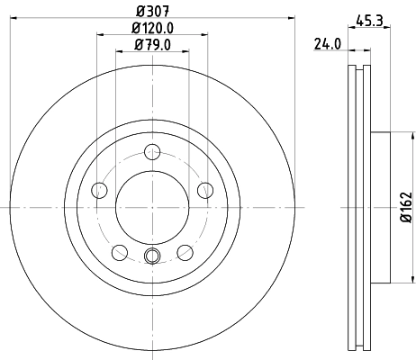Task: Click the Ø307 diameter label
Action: click(151, 12)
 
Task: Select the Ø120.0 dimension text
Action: click(151, 28)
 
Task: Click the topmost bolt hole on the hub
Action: click(152, 152)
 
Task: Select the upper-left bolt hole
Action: click(99, 190)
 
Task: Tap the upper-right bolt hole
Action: click(205, 190)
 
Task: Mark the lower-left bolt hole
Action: click(120, 252)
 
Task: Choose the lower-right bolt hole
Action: click(185, 252)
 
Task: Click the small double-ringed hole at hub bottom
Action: click(152, 257)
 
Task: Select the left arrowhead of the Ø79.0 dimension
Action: click(119, 52)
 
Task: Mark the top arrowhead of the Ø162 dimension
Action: click(393, 135)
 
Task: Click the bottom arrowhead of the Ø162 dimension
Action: click(393, 279)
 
